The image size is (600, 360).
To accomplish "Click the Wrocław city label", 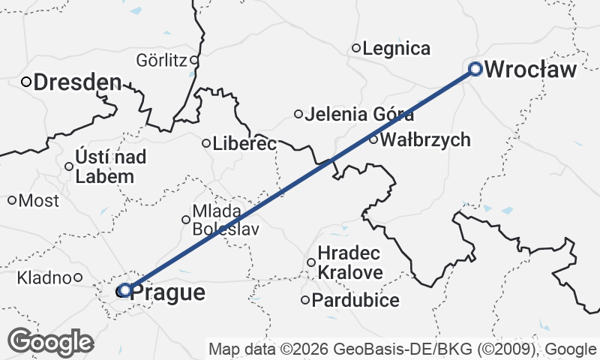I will pyautogui.click(x=531, y=70).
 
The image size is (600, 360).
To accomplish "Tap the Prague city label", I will pyautogui.click(x=168, y=292).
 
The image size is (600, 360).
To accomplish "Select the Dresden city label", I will pyautogui.click(x=76, y=82).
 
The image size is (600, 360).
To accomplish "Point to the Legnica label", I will pyautogui.click(x=396, y=49).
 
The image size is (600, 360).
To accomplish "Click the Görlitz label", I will pyautogui.click(x=161, y=60).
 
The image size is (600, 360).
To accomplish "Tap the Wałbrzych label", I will pyautogui.click(x=425, y=139).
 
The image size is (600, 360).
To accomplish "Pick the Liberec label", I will pyautogui.click(x=244, y=143).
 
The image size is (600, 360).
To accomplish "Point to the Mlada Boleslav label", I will pyautogui.click(x=226, y=220).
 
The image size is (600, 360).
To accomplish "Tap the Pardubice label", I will pyautogui.click(x=355, y=301).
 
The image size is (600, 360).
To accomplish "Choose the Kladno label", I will pyautogui.click(x=45, y=278).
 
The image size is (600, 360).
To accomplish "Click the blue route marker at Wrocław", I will pyautogui.click(x=475, y=69).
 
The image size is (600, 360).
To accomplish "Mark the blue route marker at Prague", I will pyautogui.click(x=125, y=289).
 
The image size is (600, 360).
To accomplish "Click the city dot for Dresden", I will pyautogui.click(x=25, y=82).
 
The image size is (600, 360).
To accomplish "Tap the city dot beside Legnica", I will pyautogui.click(x=356, y=49).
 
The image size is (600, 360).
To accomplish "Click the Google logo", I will pyautogui.click(x=51, y=342).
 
